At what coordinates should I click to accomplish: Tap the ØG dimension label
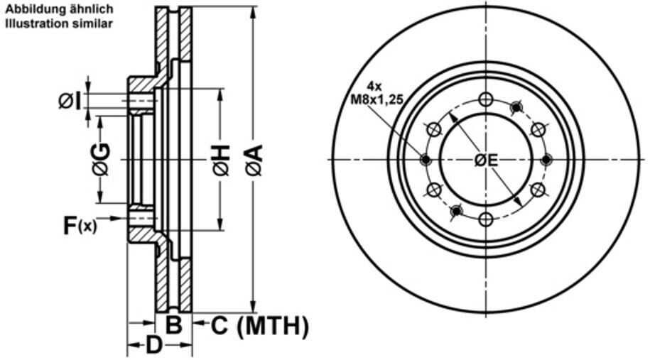100,159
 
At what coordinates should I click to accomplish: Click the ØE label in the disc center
486,160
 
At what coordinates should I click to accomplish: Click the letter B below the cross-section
174,326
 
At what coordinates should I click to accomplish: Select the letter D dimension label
154,347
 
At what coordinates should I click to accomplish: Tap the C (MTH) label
260,326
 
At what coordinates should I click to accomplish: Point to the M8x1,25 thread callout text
377,100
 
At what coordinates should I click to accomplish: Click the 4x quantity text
375,87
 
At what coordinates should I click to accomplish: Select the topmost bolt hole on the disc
486,99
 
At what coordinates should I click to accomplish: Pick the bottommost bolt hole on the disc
486,220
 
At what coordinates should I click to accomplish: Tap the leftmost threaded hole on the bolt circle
426,160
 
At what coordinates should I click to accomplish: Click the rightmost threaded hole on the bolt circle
546,160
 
